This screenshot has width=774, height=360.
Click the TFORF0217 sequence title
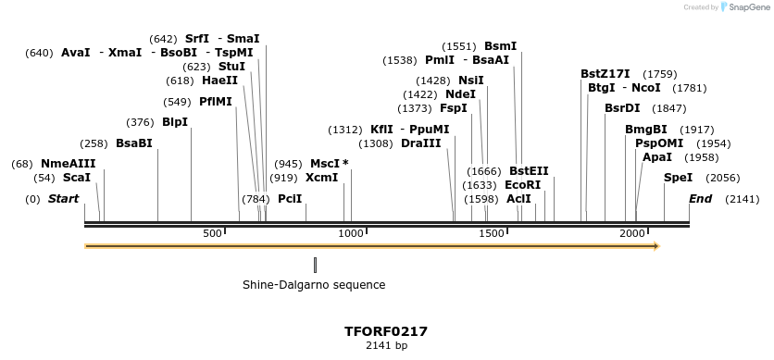pos(386,330)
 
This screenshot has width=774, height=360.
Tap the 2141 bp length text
pos(386,345)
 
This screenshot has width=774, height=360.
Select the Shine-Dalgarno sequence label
pos(314,285)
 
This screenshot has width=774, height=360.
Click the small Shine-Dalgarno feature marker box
pos(315,265)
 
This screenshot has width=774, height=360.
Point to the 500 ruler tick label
pos(212,233)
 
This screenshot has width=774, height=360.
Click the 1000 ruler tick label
pos(352,233)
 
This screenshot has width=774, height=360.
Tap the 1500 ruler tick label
pos(492,233)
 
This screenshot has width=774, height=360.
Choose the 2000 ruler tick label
pos(632,233)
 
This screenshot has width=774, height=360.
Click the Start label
pos(63,199)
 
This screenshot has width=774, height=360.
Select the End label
pos(701,199)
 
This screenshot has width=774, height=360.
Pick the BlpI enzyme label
pos(175,122)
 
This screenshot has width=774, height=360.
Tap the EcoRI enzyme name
pos(522,185)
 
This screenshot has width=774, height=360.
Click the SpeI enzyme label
pos(678,177)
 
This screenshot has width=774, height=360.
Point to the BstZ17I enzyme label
pos(605,74)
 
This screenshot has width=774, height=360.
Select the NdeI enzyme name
pos(460,94)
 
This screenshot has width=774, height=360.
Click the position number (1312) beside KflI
pos(346,130)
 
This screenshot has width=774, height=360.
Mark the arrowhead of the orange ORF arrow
pos(655,246)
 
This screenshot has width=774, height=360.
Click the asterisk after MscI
pos(345,164)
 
